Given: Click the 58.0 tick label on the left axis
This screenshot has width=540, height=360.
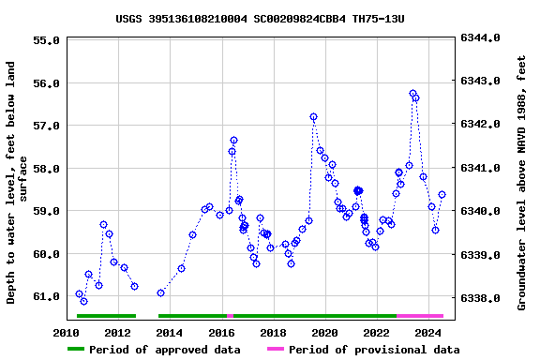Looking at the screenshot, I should [46, 169].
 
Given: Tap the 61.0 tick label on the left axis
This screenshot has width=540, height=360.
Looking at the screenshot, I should [46, 297].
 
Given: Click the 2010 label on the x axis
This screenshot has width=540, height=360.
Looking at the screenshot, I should [66, 333].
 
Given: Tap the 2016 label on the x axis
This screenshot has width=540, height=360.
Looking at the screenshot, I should [221, 333].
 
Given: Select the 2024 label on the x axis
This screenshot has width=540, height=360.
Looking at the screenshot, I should [428, 333].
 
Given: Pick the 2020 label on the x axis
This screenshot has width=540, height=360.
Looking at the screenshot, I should [324, 333].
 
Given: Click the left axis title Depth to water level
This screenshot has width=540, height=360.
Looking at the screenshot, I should [17, 183].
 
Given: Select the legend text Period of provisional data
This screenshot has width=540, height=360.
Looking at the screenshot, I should [374, 350].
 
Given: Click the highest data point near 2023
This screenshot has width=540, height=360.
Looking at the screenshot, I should [412, 94].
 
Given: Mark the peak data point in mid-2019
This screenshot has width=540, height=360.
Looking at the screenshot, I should [313, 117].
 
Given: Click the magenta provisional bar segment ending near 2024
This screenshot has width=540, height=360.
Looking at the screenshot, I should [420, 316].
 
